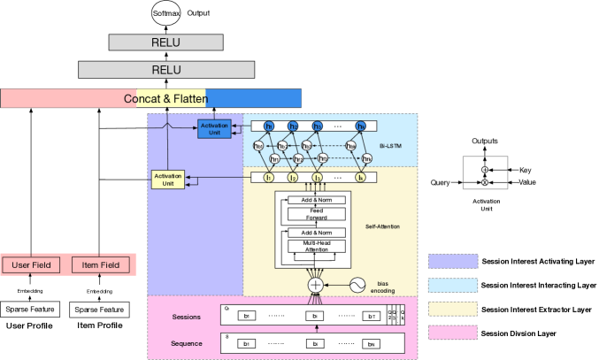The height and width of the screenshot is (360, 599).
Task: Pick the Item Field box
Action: pyautogui.click(x=102, y=264)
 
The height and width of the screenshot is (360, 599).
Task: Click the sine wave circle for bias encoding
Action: pyautogui.click(x=358, y=285)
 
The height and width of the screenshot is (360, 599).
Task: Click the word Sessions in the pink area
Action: pyautogui.click(x=188, y=316)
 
